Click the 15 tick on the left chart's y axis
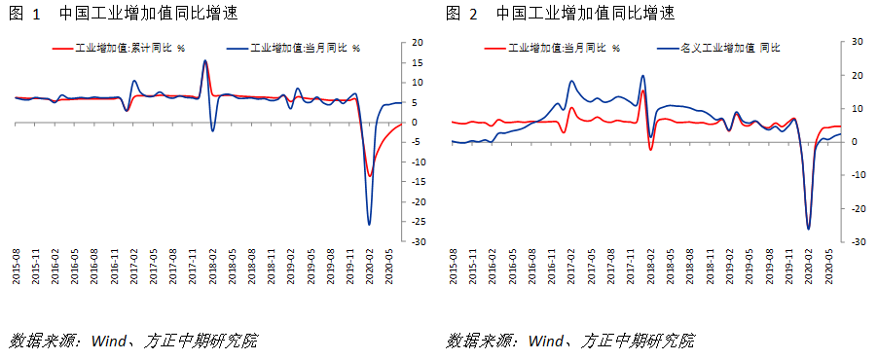point(418,63)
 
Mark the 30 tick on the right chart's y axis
point(858,42)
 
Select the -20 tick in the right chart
point(857,209)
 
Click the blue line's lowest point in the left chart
point(369,225)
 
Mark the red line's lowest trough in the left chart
point(369,176)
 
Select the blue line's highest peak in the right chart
point(642,76)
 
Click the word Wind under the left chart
point(108,342)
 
